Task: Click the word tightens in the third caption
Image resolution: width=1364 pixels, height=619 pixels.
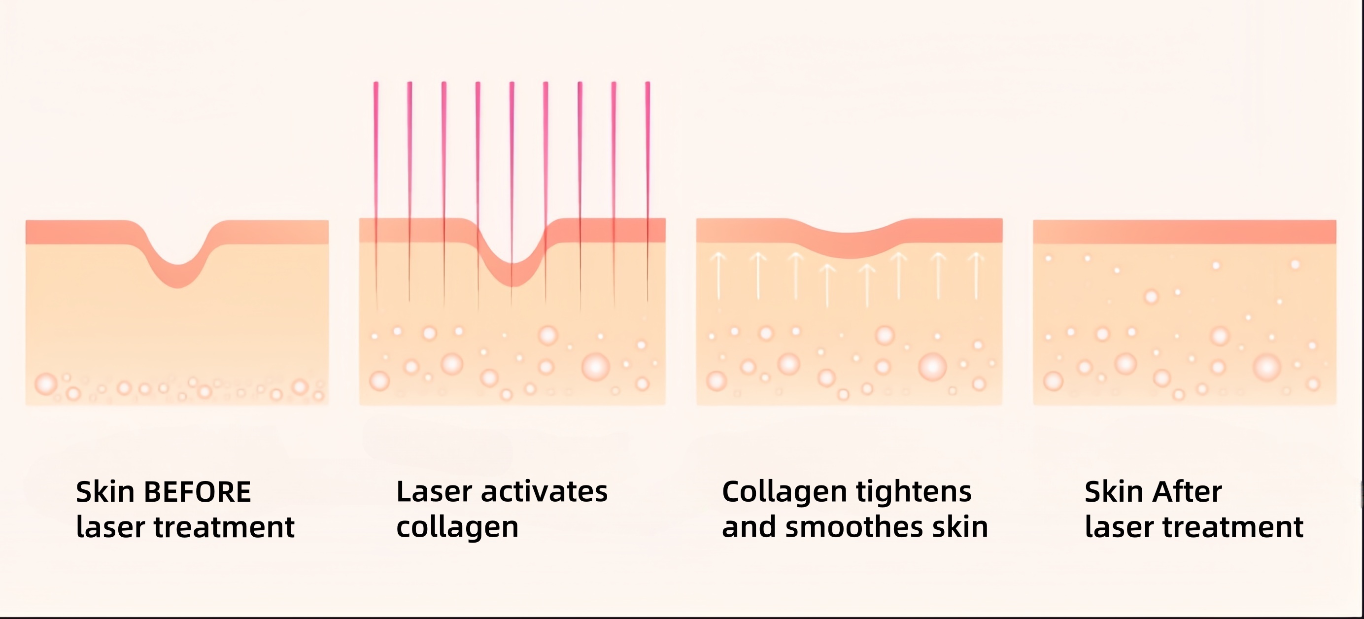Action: pyautogui.click(x=914, y=492)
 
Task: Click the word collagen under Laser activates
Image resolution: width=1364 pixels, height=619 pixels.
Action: pyautogui.click(x=457, y=528)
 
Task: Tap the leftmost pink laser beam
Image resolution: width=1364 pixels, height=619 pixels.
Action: pyautogui.click(x=376, y=159)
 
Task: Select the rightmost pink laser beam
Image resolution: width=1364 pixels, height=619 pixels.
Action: pyautogui.click(x=648, y=159)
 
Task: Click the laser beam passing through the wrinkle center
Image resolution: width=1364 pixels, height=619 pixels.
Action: pyautogui.click(x=511, y=159)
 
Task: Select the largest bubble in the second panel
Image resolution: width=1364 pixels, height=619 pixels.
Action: pyautogui.click(x=596, y=367)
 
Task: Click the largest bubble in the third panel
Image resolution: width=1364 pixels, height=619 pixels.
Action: pyautogui.click(x=932, y=367)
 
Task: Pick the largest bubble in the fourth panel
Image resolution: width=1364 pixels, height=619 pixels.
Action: pyautogui.click(x=1267, y=367)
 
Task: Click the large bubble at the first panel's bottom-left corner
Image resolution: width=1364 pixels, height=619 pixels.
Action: pyautogui.click(x=45, y=384)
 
